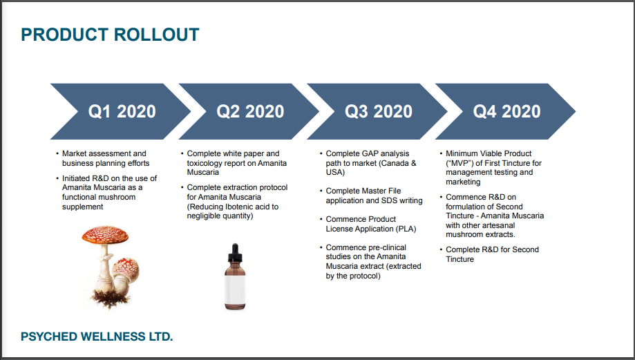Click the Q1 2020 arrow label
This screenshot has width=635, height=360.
tap(122, 111)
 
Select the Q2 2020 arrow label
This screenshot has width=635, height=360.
tap(250, 111)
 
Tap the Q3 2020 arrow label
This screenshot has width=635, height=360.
tap(379, 111)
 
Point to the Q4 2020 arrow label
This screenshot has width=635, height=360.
tap(506, 111)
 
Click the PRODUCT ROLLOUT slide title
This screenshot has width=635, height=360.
tap(110, 35)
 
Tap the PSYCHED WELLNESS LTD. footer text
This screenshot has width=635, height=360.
tap(97, 337)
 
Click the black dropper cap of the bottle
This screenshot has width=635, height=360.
tap(235, 253)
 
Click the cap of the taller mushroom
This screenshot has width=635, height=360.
tap(105, 235)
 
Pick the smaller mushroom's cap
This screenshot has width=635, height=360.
tap(126, 267)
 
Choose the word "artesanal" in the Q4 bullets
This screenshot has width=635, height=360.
tap(497, 225)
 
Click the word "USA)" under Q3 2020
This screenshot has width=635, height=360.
tap(335, 172)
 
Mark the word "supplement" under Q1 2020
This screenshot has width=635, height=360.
tap(83, 207)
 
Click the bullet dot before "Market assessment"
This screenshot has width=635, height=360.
tap(57, 154)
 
